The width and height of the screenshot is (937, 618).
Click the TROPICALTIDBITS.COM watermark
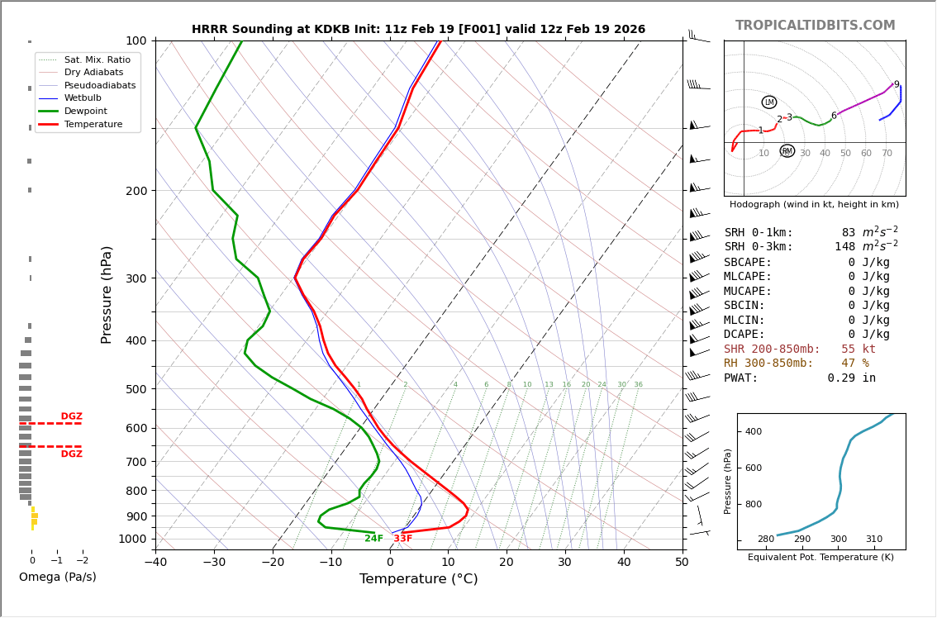pyautogui.click(x=815, y=26)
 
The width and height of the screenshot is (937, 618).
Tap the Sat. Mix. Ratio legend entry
pyautogui.click(x=97, y=60)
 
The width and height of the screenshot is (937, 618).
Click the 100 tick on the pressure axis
pyautogui.click(x=136, y=40)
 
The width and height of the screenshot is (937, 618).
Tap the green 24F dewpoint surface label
pyautogui.click(x=373, y=539)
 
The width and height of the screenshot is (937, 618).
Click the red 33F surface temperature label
pyautogui.click(x=402, y=539)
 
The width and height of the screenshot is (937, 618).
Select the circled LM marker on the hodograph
pyautogui.click(x=769, y=102)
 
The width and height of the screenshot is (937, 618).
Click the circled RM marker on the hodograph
pyautogui.click(x=787, y=151)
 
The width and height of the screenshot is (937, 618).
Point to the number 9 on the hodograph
pyautogui.click(x=896, y=85)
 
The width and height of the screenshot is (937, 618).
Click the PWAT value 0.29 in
pyautogui.click(x=851, y=378)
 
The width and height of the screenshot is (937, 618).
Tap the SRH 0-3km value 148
pyautogui.click(x=844, y=247)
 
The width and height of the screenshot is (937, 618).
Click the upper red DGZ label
pyautogui.click(x=71, y=417)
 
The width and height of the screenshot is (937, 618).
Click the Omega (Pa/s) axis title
pyautogui.click(x=57, y=578)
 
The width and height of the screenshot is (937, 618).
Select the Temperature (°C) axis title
pyautogui.click(x=418, y=580)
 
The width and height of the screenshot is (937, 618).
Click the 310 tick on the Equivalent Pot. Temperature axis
pyautogui.click(x=873, y=540)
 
